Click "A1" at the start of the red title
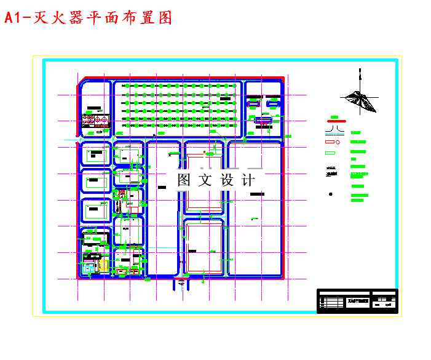click(13, 18)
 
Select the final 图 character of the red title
click(164, 18)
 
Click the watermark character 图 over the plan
click(184, 180)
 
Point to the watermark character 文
click(205, 180)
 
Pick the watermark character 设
click(227, 180)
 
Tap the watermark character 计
click(248, 180)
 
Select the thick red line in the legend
click(336, 122)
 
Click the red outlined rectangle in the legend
click(329, 142)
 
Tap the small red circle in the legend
click(338, 142)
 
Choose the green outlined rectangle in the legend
click(330, 153)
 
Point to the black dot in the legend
click(331, 194)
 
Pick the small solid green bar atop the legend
click(334, 116)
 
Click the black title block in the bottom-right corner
click(357, 301)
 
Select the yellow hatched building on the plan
click(103, 265)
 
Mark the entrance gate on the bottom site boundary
click(183, 281)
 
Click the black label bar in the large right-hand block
click(257, 194)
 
